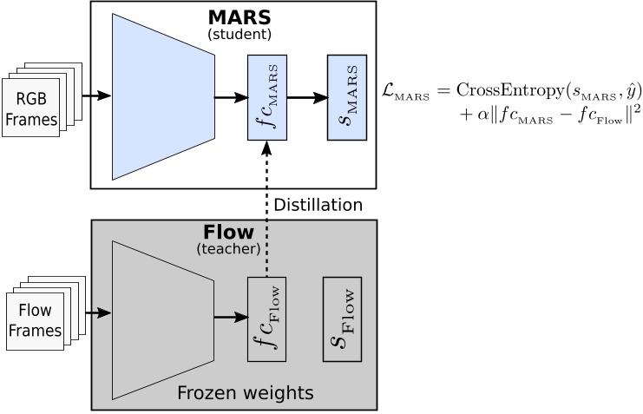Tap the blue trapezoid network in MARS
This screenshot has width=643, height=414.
163,96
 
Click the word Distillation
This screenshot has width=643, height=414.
318,205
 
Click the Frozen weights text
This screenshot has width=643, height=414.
245,393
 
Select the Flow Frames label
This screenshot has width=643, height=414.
35,320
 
